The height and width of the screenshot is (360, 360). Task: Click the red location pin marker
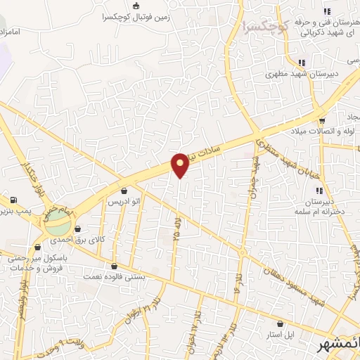[181, 165]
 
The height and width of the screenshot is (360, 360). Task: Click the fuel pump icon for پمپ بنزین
[14, 200]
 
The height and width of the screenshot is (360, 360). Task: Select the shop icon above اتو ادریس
[124, 191]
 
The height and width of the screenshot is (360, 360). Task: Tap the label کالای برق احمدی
[103, 240]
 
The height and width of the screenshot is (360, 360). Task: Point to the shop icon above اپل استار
[281, 324]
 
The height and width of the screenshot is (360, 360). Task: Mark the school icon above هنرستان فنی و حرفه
[326, 11]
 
